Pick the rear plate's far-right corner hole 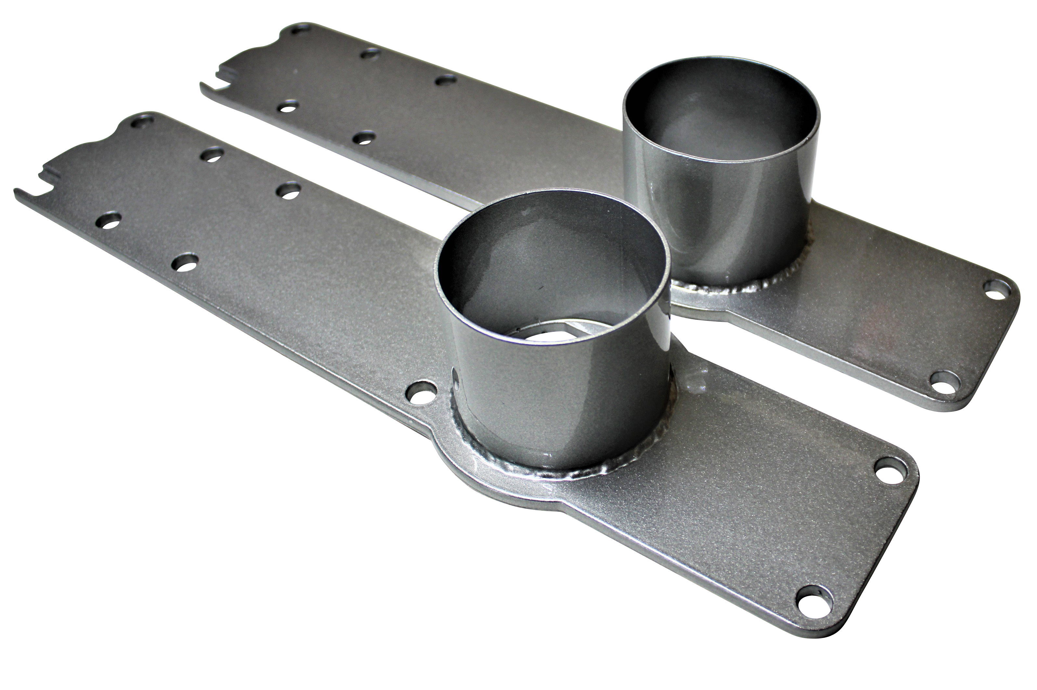tap(998, 289)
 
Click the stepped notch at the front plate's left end tap(48, 176)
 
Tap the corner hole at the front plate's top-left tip tap(142, 121)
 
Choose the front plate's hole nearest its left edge tap(108, 220)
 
